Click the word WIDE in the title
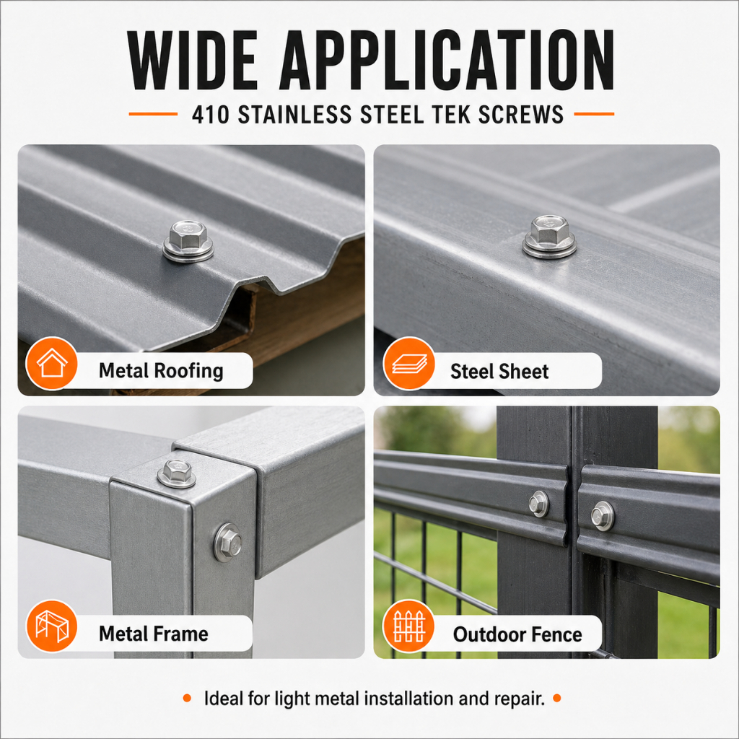click(193, 60)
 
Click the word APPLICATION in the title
click(447, 60)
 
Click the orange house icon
click(52, 363)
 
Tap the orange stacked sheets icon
click(409, 364)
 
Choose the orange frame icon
click(52, 626)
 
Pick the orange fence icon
click(409, 626)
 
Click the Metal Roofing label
click(161, 371)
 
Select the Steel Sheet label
click(499, 372)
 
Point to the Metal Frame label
click(154, 634)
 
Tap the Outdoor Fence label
click(517, 634)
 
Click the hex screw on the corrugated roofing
click(188, 241)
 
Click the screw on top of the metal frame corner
click(177, 473)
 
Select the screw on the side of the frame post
click(228, 543)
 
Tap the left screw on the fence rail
click(538, 504)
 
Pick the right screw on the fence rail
click(603, 516)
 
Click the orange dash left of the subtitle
click(153, 114)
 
